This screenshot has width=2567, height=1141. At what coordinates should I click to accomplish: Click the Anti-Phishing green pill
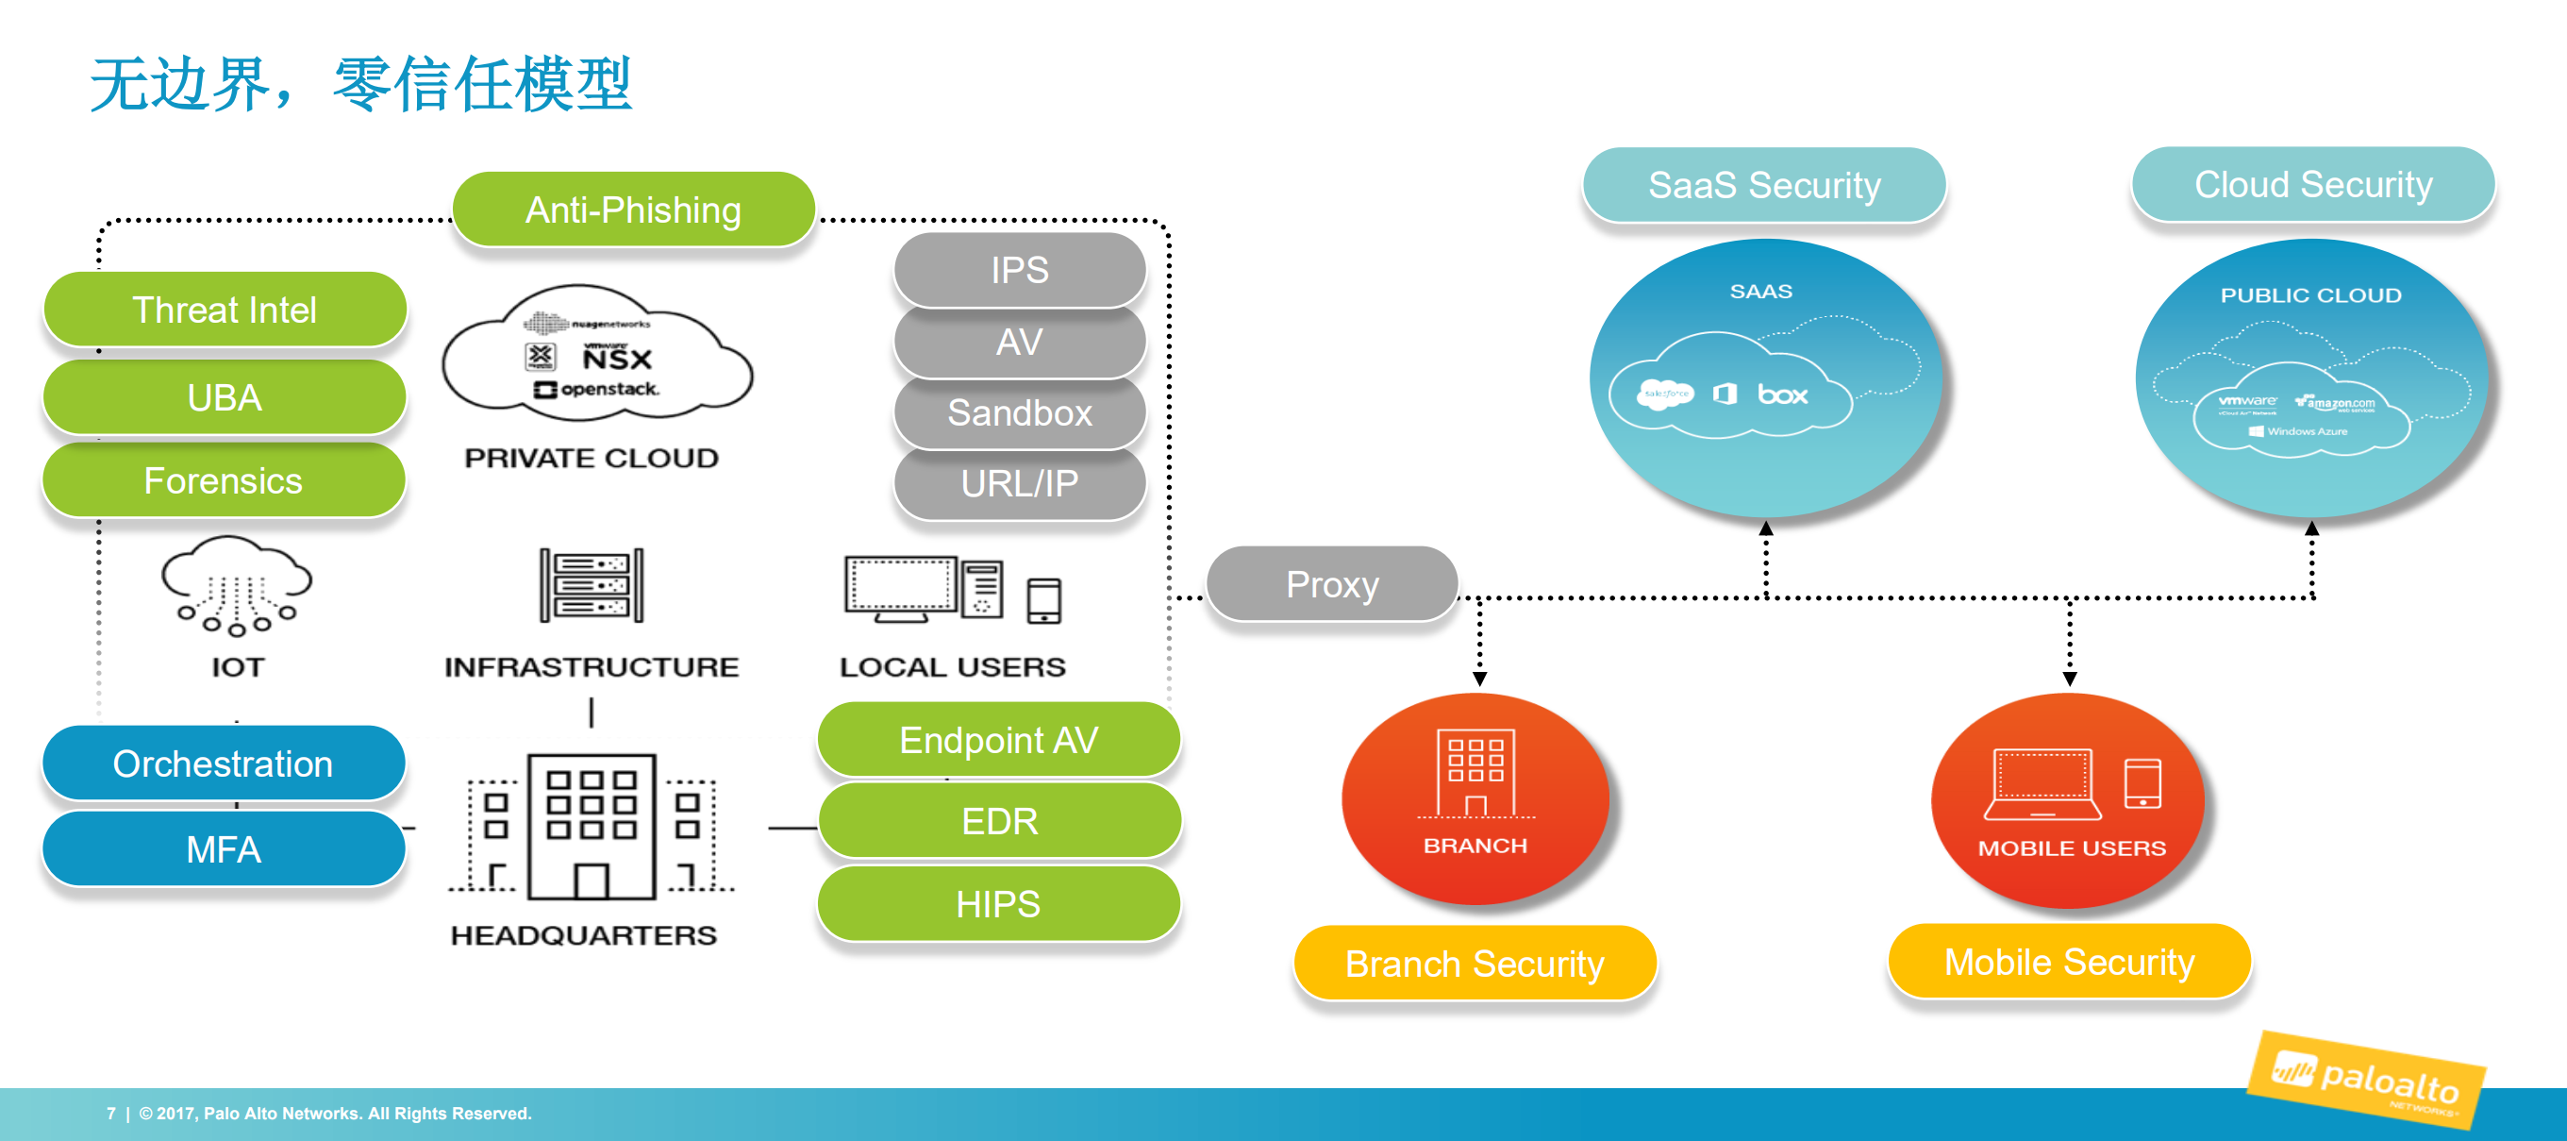[634, 210]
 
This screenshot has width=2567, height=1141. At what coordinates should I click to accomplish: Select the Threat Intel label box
[225, 310]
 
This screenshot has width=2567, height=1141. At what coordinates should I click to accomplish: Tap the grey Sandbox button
[1020, 412]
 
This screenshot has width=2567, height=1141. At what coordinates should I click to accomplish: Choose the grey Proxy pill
[1332, 584]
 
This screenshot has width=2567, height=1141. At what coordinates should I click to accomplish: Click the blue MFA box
[225, 850]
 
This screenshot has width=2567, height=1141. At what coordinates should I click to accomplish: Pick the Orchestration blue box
[224, 764]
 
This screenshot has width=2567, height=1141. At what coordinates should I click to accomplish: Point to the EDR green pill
[999, 821]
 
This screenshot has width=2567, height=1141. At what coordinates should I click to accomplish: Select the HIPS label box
[998, 904]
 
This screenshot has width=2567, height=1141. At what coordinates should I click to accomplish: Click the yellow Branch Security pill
[1475, 964]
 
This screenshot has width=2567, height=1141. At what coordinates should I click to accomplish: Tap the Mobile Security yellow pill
[2070, 962]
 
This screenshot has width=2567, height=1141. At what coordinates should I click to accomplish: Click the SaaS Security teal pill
[1764, 185]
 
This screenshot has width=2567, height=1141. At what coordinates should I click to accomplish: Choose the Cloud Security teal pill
[2313, 184]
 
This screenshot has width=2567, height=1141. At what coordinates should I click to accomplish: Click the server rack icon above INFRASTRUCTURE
[592, 585]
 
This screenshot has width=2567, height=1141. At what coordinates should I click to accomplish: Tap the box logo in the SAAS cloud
[1783, 394]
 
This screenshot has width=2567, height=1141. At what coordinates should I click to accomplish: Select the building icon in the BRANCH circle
[1475, 772]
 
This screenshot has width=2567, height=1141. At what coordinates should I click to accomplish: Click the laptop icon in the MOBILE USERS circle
[2042, 784]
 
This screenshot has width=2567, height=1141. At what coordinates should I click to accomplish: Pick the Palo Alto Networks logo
[2367, 1082]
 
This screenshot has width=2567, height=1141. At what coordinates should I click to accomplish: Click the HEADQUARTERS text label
[584, 934]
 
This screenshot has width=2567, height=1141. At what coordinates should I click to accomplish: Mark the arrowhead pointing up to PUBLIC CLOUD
[2312, 529]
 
